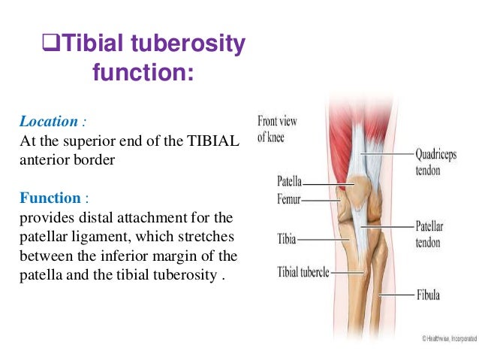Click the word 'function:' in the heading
tap(143, 74)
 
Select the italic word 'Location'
tap(48, 121)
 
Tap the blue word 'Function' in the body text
tap(50, 198)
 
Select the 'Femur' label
tap(288, 200)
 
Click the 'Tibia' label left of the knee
tap(286, 240)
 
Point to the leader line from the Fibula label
tap(399, 295)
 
